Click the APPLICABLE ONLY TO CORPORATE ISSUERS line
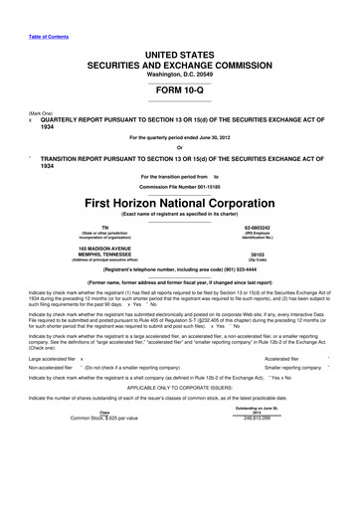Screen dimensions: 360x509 (179, 417)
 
